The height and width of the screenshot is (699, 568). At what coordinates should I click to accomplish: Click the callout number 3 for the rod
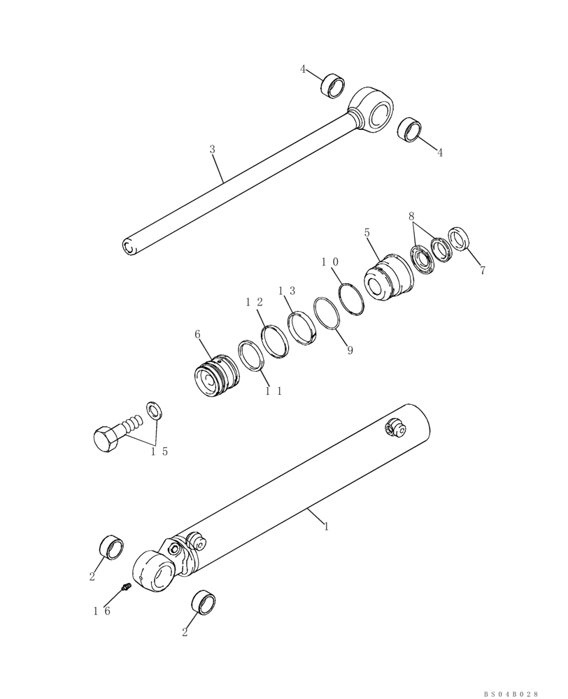pos(212,149)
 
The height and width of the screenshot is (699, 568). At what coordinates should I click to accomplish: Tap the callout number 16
pos(102,610)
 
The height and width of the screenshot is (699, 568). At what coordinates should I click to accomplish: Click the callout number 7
pos(482,271)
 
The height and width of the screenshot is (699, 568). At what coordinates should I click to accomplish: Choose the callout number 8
pos(412,217)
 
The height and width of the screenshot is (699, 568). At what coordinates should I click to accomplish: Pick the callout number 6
pos(198,335)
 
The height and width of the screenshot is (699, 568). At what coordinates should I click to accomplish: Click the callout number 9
pos(350,350)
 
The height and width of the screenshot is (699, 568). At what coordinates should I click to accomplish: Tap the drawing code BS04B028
pos(511,693)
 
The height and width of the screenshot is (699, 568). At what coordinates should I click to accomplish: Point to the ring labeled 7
pos(458,239)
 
